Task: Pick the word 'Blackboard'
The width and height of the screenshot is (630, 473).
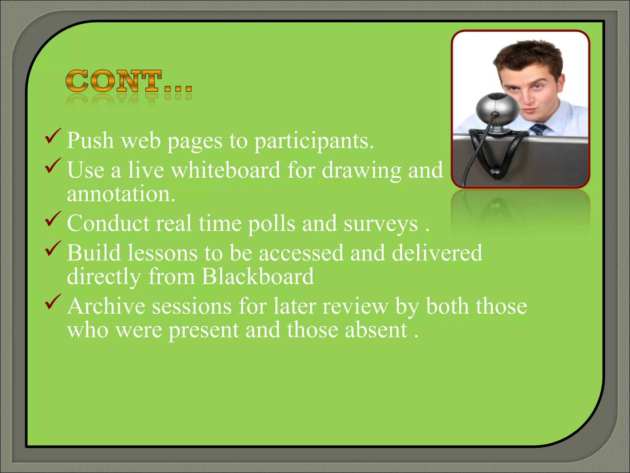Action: pyautogui.click(x=258, y=276)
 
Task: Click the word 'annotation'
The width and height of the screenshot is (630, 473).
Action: pyautogui.click(x=121, y=194)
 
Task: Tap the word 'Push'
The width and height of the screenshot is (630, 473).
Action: pyautogui.click(x=90, y=141)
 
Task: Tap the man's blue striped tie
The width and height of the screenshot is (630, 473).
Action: pyautogui.click(x=539, y=129)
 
